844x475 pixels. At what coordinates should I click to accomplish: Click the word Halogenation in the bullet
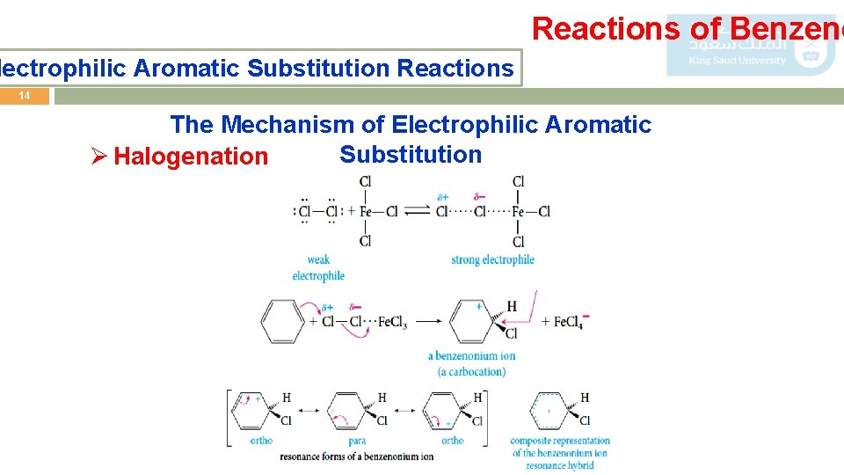tap(191, 157)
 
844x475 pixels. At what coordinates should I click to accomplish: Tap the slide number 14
tap(25, 96)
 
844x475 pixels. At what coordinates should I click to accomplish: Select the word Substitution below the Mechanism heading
tap(411, 154)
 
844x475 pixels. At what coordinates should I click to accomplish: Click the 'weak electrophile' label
tap(318, 267)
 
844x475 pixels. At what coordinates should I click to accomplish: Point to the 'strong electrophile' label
tap(492, 259)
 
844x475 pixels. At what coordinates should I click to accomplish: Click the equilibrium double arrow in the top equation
tap(417, 211)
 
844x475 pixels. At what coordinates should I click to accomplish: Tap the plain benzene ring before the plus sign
tap(282, 321)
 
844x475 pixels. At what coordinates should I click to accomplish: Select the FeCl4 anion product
tap(571, 321)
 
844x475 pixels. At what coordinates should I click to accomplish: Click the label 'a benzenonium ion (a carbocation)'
tap(472, 363)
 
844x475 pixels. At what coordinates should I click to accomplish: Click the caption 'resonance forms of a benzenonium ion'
tap(356, 457)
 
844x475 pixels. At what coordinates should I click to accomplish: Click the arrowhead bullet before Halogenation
tap(99, 157)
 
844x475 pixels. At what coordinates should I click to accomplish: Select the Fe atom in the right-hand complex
tap(519, 211)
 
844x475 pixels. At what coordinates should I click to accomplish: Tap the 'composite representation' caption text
tap(560, 441)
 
